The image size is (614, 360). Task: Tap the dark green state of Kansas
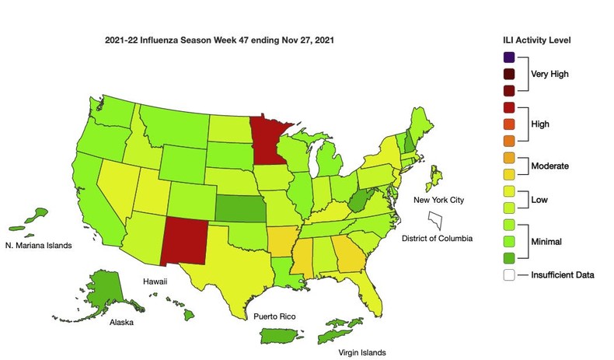[x=239, y=208]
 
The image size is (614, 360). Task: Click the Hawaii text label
[x=155, y=278]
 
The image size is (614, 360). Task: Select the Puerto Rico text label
[x=273, y=317]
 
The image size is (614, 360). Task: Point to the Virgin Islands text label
[x=361, y=351]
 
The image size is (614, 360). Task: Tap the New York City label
[x=438, y=200]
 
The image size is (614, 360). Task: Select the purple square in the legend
[x=509, y=57]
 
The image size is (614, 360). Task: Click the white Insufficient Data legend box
[x=509, y=274]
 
